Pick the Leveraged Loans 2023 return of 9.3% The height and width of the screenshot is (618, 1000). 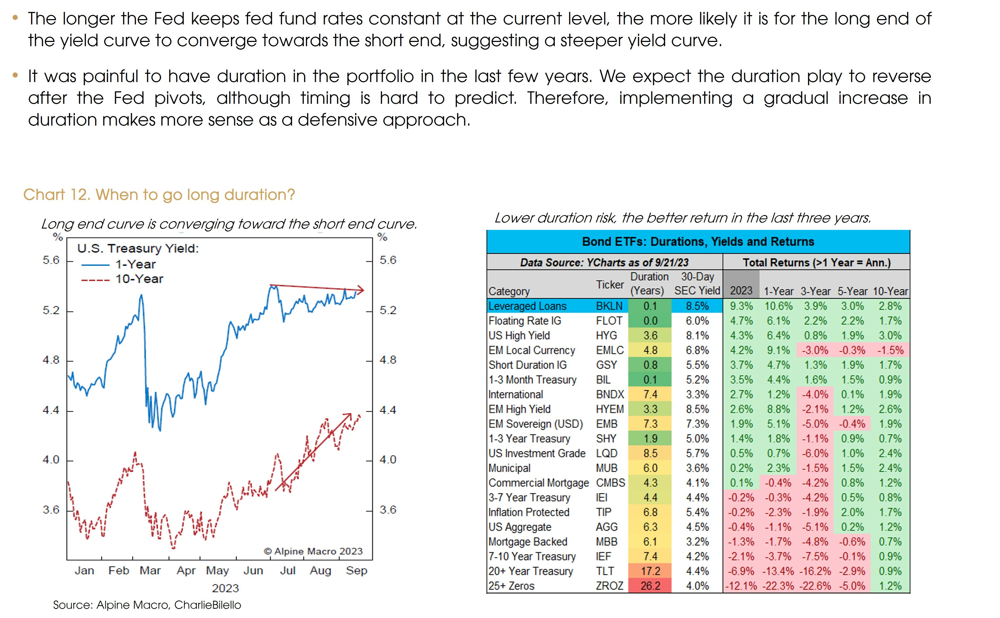click(741, 306)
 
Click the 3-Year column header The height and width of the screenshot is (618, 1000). click(815, 291)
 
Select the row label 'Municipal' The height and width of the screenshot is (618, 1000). click(509, 468)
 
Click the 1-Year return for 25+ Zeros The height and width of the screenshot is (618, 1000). click(778, 586)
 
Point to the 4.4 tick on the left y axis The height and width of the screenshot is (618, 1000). click(51, 410)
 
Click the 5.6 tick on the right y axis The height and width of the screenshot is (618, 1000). click(388, 260)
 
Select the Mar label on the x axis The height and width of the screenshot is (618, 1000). click(150, 570)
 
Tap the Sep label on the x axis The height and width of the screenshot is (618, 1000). click(356, 570)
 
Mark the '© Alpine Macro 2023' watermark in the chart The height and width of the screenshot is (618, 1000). click(313, 551)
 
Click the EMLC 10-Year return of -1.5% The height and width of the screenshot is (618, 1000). click(890, 350)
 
